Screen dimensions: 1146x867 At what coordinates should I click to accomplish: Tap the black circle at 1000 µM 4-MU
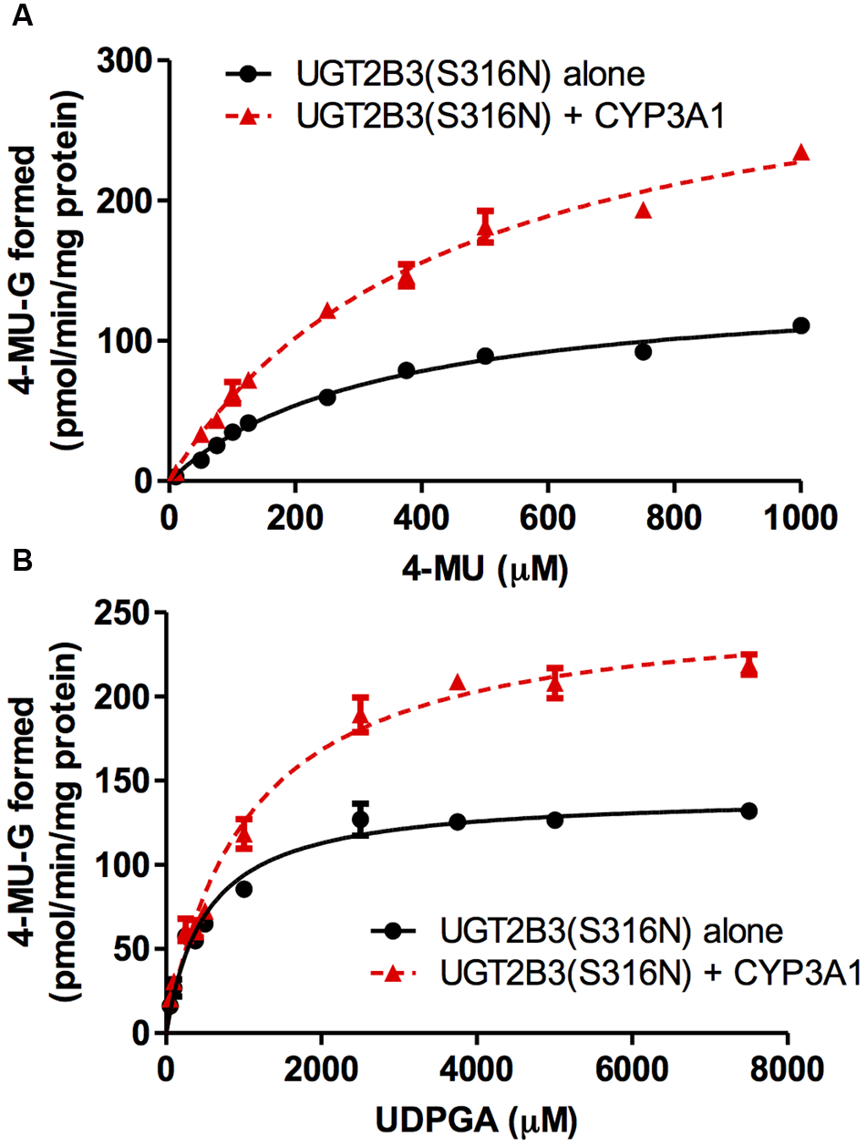[801, 325]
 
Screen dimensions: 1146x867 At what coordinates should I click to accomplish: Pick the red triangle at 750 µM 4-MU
[644, 211]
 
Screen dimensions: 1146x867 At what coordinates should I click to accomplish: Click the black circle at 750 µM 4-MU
[644, 351]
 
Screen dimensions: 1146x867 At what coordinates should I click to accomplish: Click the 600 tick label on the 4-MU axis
[548, 518]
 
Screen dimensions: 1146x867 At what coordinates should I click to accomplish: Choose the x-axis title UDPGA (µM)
[476, 1118]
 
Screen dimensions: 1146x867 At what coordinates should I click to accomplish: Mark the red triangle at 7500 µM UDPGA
[749, 668]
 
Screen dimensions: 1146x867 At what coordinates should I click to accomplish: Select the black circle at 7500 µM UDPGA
[749, 810]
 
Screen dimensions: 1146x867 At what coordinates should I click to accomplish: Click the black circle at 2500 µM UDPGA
[360, 819]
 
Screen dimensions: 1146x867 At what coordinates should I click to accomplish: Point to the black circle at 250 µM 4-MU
[327, 397]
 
